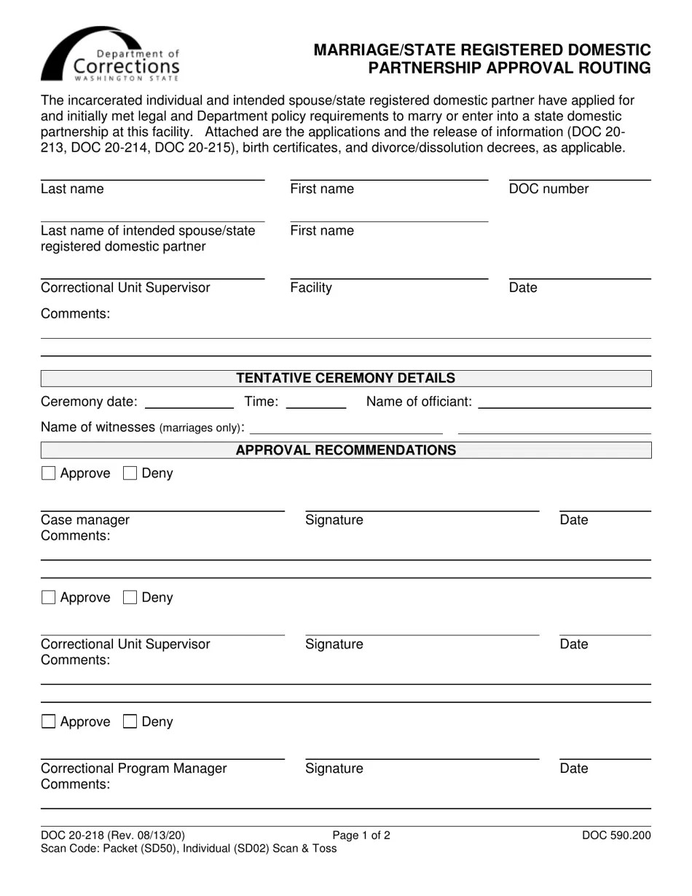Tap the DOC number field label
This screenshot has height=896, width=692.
[549, 189]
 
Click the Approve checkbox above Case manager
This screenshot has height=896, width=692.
[49, 473]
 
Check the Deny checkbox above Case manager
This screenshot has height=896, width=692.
[130, 473]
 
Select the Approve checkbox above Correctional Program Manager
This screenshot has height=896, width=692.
[49, 722]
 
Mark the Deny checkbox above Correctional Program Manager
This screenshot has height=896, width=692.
[130, 722]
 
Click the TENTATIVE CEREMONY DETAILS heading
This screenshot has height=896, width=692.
[345, 378]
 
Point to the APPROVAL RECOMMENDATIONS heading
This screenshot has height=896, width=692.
[345, 450]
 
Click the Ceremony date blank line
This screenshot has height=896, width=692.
[189, 402]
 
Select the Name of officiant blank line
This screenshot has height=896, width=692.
[564, 402]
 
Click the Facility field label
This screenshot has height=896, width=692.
[311, 288]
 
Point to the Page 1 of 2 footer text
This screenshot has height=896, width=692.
[361, 836]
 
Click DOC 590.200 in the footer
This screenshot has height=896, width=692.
[616, 836]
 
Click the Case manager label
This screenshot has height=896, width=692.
[85, 520]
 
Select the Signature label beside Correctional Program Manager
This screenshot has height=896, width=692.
[334, 769]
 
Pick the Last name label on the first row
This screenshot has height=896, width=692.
[72, 189]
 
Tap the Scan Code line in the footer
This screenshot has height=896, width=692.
[189, 849]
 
